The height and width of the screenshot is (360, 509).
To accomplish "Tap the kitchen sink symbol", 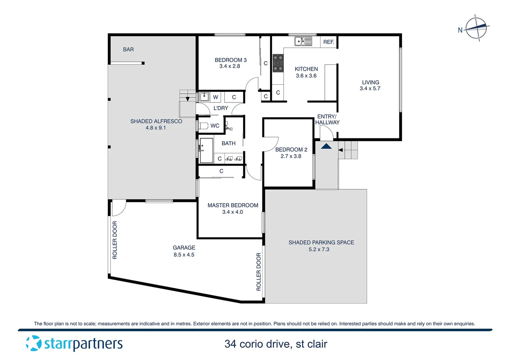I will click(303, 41).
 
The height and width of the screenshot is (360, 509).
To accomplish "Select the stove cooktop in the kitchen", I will click(278, 63).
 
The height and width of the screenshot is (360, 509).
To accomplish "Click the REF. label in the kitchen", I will click(328, 42).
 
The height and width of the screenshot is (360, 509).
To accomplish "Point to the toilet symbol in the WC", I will click(203, 126).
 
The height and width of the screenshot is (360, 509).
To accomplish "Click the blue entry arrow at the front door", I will click(326, 146).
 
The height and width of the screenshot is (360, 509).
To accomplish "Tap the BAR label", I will click(128, 49).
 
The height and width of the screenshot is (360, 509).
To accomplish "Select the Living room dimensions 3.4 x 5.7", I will click(370, 89).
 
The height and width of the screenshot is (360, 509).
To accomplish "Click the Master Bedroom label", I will click(233, 205).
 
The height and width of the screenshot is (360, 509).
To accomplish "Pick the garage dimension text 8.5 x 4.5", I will click(184, 255).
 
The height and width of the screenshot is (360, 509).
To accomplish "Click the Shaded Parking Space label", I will click(321, 242).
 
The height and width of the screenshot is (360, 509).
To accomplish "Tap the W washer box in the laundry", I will click(216, 97).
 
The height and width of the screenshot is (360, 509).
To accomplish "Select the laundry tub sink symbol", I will click(204, 97).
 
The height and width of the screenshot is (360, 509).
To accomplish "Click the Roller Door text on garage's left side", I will click(115, 240).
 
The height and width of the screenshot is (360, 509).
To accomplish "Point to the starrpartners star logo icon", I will click(33, 343).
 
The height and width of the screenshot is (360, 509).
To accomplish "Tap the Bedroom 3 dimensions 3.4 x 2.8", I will click(230, 66).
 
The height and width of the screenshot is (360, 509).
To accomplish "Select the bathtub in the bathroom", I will click(206, 151).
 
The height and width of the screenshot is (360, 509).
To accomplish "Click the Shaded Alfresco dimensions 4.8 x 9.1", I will click(156, 128).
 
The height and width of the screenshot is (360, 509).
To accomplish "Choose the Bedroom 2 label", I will click(291, 150).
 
